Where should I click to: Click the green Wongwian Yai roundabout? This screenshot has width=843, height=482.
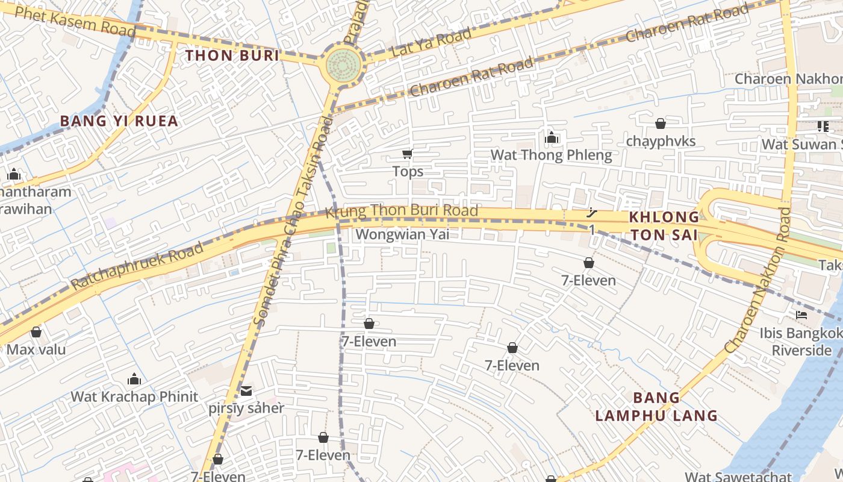tap(344, 65)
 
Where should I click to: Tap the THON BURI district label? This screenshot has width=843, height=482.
tap(232, 56)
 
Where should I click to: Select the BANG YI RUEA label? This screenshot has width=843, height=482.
tap(119, 121)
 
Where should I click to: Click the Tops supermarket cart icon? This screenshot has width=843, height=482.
tap(408, 154)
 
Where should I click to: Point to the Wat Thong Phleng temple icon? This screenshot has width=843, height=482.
tap(551, 138)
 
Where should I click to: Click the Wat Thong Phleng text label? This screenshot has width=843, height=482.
tap(551, 155)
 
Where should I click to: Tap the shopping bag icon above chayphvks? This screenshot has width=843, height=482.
tap(661, 124)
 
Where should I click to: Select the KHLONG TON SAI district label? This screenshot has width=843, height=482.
tap(664, 226)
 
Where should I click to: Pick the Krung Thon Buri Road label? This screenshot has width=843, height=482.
tap(402, 211)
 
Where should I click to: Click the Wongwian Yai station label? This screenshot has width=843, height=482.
tap(402, 234)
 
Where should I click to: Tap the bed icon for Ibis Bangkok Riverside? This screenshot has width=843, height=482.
tap(801, 315)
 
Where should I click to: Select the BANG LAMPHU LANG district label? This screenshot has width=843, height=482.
tap(656, 407)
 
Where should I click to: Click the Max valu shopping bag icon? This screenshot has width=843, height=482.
tap(36, 332)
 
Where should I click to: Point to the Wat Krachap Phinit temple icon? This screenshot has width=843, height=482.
tap(134, 379)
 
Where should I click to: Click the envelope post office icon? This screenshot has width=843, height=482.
tap(246, 391)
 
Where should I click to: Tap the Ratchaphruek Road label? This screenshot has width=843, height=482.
tap(137, 266)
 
